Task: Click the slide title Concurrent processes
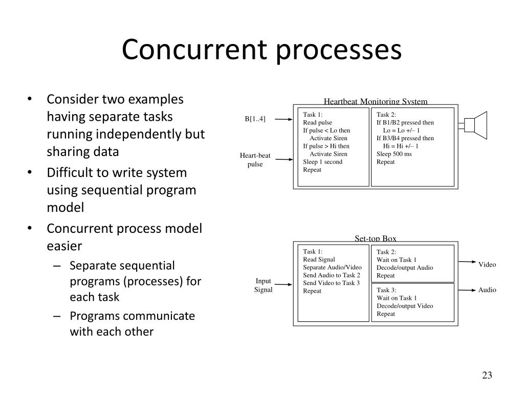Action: (261, 50)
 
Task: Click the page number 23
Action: (487, 376)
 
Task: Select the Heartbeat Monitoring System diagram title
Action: (375, 101)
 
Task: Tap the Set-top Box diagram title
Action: (375, 238)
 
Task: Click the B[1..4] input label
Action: (255, 119)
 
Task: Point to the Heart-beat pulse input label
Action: (255, 160)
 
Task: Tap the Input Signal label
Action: (263, 286)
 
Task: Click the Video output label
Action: (487, 265)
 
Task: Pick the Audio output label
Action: (487, 290)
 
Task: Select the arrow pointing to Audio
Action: (466, 290)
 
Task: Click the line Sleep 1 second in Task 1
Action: (322, 162)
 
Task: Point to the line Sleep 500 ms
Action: (394, 154)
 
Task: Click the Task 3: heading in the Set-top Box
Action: (386, 290)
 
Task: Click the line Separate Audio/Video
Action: (332, 267)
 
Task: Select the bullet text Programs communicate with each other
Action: (132, 323)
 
